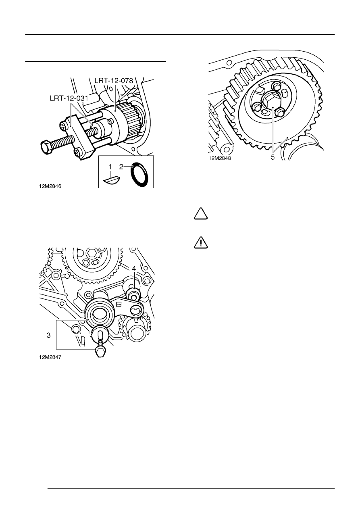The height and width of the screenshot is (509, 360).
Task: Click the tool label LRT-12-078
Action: tap(114, 81)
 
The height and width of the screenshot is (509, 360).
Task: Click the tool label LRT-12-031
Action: tap(69, 98)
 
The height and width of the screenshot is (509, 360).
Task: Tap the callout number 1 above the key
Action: tap(110, 167)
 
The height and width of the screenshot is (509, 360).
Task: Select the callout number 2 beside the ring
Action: tap(121, 167)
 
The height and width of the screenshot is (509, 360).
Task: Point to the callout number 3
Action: tap(49, 335)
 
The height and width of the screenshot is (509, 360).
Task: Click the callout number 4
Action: tap(134, 268)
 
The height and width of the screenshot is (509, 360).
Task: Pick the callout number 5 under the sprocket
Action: tap(273, 157)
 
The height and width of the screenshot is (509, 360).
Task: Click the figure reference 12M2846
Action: tap(50, 186)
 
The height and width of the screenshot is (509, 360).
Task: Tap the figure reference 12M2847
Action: tap(50, 357)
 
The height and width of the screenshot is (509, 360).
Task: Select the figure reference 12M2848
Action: tap(220, 158)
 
